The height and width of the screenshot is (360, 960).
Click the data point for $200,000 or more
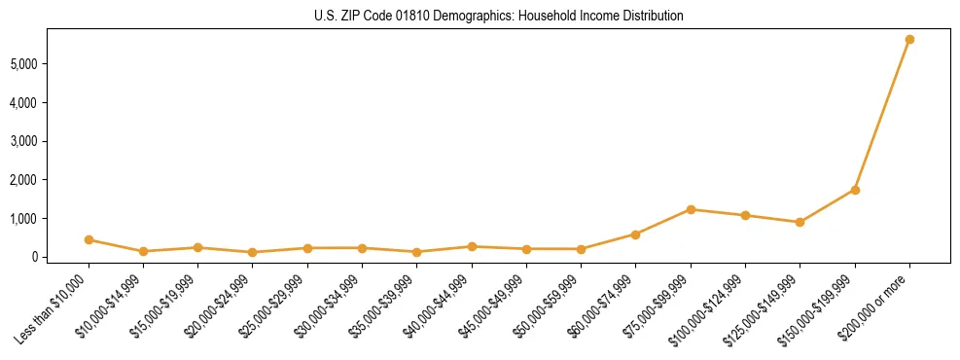point(909,40)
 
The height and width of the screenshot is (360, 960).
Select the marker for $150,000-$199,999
point(855,190)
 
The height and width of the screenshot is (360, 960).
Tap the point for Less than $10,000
point(89,239)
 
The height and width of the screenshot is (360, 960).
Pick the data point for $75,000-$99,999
point(691,209)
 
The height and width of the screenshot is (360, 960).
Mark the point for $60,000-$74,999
point(635,234)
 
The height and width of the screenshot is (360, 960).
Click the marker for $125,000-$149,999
point(800,223)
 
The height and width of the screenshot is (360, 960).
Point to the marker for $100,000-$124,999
point(745,215)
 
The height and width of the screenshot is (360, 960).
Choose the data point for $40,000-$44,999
point(472,247)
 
